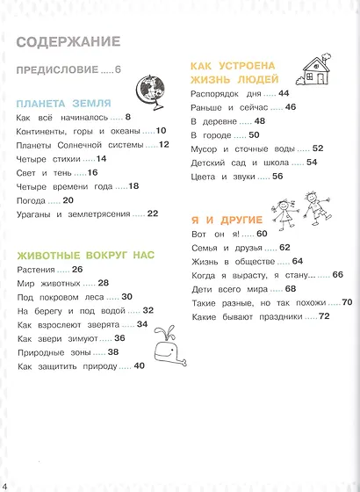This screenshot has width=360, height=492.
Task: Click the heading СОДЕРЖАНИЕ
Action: [68, 41]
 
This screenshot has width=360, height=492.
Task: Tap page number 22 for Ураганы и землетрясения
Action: [153, 213]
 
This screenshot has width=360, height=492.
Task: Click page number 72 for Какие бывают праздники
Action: [323, 316]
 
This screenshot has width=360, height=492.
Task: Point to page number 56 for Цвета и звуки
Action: [277, 176]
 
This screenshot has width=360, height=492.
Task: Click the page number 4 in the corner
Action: [5, 486]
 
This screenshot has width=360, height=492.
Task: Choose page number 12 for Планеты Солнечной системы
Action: [163, 145]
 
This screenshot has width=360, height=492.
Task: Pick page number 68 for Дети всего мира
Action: [291, 289]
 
